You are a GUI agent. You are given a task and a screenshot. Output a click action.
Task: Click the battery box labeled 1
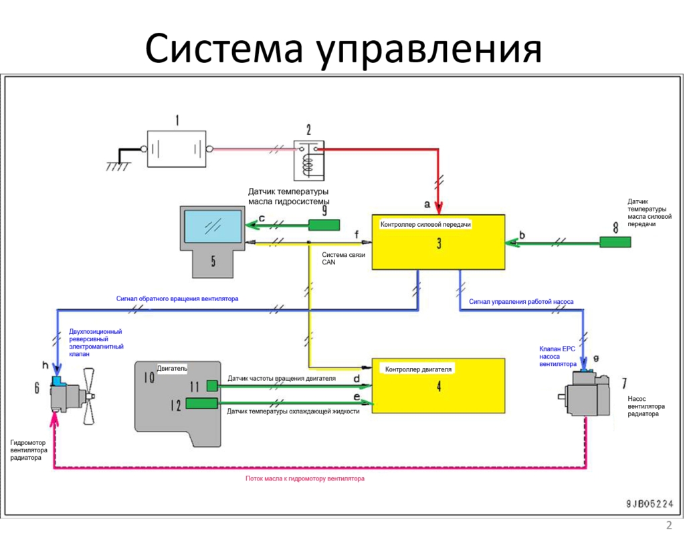tap(177, 149)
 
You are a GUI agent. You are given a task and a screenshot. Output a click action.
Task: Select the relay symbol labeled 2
tap(310, 160)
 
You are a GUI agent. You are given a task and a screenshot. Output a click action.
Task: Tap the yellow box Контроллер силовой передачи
tap(438, 242)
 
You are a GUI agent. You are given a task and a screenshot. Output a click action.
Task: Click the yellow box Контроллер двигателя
tap(438, 385)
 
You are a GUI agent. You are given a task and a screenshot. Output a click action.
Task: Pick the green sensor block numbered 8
tap(615, 242)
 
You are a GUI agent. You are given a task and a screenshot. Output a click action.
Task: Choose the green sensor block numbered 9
tap(323, 225)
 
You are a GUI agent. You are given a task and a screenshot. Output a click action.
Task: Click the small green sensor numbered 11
tap(212, 385)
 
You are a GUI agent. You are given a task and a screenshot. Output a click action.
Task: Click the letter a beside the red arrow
tap(427, 202)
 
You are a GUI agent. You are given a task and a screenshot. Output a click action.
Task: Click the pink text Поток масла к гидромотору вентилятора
tap(305, 478)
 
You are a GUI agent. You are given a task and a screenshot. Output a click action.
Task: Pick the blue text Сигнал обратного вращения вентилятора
tap(177, 298)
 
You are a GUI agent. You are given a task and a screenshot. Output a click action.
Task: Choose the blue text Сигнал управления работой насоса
tap(521, 301)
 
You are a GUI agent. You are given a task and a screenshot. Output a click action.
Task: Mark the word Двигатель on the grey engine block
tap(172, 368)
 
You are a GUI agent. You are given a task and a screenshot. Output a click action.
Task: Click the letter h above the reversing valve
tap(45, 365)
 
